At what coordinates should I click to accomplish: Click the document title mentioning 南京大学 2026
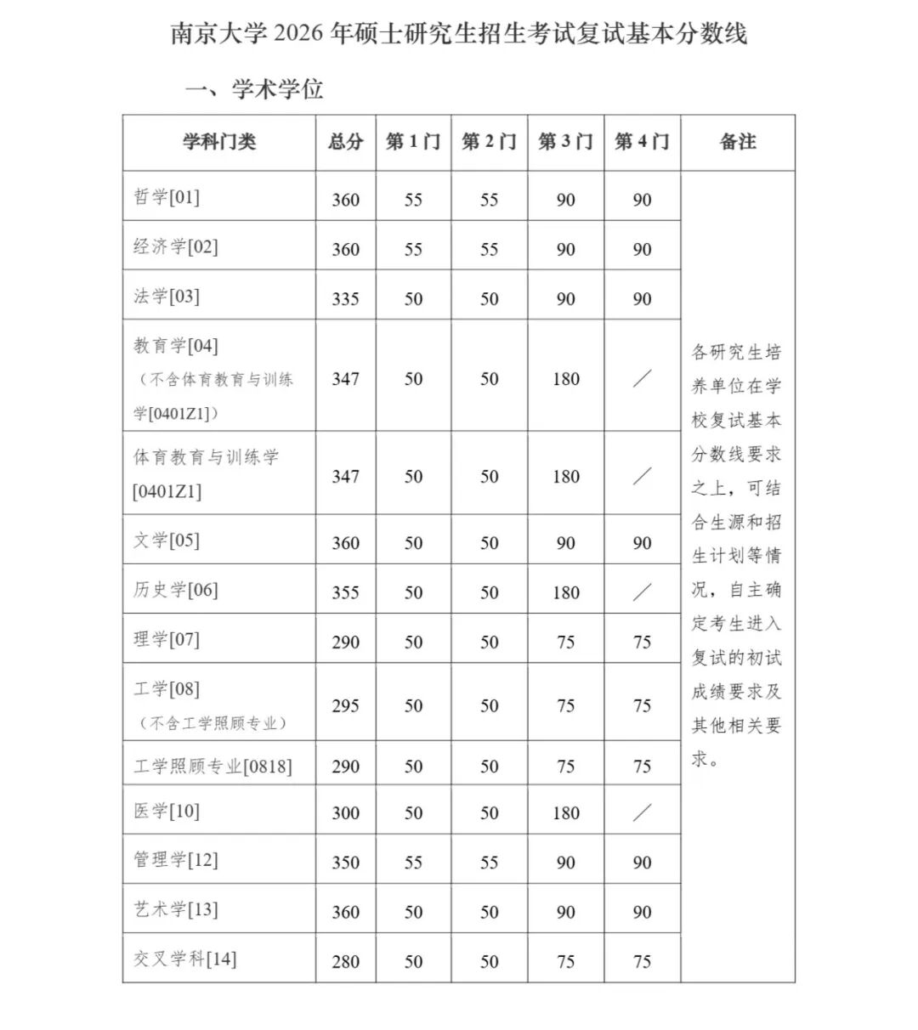(x=458, y=34)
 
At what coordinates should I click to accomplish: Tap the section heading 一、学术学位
(x=254, y=88)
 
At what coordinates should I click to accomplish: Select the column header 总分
(x=345, y=142)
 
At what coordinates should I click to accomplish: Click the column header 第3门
(x=565, y=142)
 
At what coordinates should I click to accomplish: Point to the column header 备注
(x=737, y=142)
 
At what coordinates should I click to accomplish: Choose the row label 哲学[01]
(x=167, y=197)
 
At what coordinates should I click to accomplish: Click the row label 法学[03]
(x=167, y=297)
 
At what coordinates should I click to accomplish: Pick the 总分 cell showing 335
(x=345, y=299)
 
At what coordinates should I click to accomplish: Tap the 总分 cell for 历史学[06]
(x=345, y=592)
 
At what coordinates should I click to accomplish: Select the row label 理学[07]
(x=167, y=639)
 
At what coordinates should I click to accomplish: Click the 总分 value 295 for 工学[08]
(x=345, y=705)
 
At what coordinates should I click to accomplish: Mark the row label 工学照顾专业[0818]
(x=212, y=767)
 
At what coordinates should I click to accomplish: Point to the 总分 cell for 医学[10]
(x=345, y=813)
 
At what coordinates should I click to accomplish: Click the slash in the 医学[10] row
(x=642, y=813)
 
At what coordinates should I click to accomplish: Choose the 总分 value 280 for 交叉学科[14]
(x=345, y=962)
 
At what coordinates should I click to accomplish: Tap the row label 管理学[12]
(x=176, y=860)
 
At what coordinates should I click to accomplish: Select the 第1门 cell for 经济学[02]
(x=413, y=250)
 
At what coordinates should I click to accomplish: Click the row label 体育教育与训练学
(x=207, y=457)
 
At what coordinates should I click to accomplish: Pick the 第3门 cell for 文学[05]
(x=565, y=543)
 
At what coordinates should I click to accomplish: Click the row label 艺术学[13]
(x=176, y=909)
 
